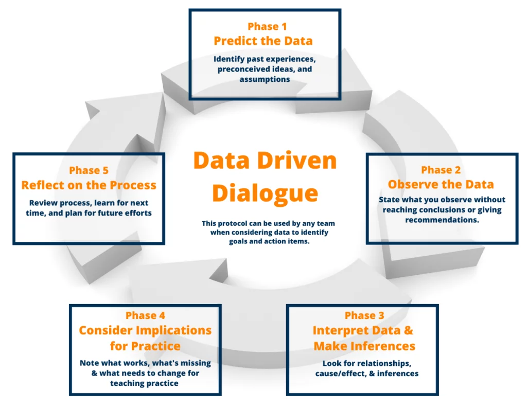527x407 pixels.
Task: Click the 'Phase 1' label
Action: (x=267, y=26)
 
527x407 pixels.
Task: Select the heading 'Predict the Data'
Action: (x=263, y=41)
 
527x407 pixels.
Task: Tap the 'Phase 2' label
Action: (x=441, y=170)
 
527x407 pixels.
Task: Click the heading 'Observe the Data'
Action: (x=441, y=184)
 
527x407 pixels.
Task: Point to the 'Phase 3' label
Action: (x=364, y=315)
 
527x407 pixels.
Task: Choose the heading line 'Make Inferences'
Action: (x=364, y=346)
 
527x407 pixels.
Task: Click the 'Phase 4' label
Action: (x=145, y=315)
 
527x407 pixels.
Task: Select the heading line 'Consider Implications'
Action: (x=145, y=330)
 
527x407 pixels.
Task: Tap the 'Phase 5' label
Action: (x=89, y=170)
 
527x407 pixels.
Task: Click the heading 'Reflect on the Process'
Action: (x=89, y=185)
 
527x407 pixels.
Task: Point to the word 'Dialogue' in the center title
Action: (x=265, y=193)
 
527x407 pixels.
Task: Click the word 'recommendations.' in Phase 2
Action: (x=442, y=220)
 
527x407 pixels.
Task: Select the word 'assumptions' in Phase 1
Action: (x=265, y=79)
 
